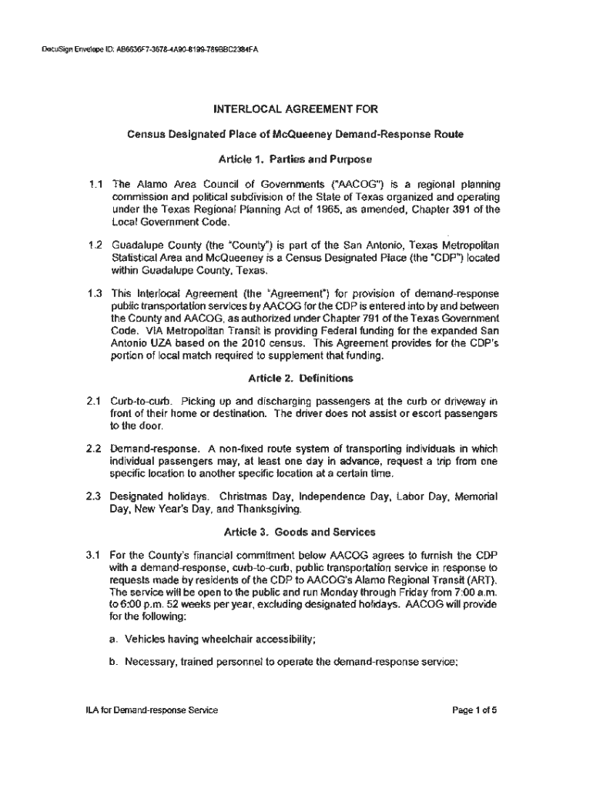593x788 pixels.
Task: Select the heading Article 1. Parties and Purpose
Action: pos(296,160)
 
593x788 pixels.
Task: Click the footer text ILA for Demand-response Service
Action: pos(152,711)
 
